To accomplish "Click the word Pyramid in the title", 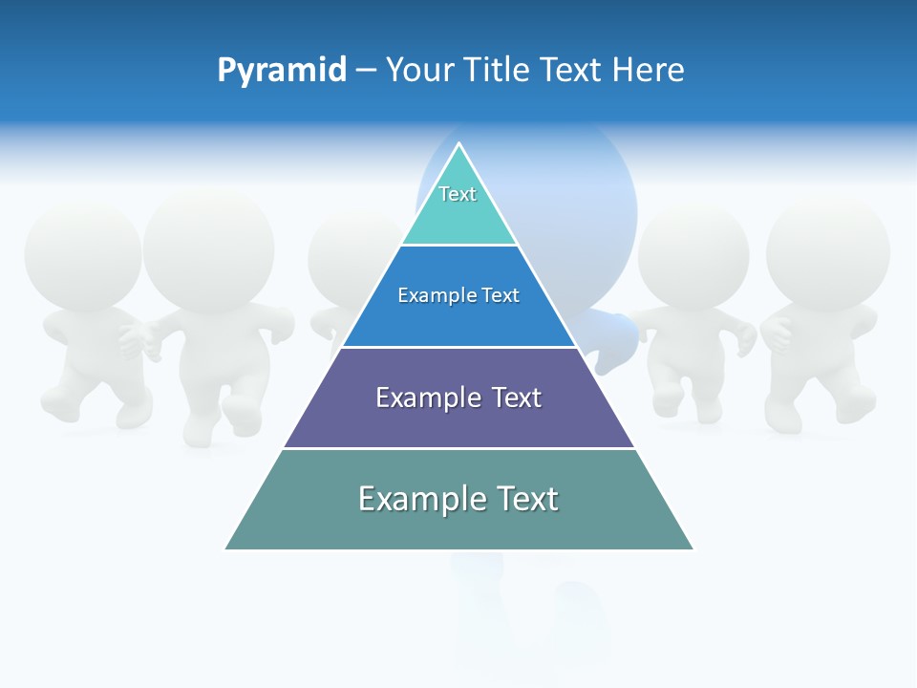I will (x=282, y=71).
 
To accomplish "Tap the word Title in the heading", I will (x=501, y=71).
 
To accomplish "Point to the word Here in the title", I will (x=648, y=71).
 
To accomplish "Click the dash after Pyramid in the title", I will (x=366, y=71).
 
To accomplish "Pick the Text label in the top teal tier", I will (x=458, y=194).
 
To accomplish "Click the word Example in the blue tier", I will (x=431, y=295).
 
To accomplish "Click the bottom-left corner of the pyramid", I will (x=225, y=549).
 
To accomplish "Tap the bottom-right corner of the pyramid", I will (x=693, y=549).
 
